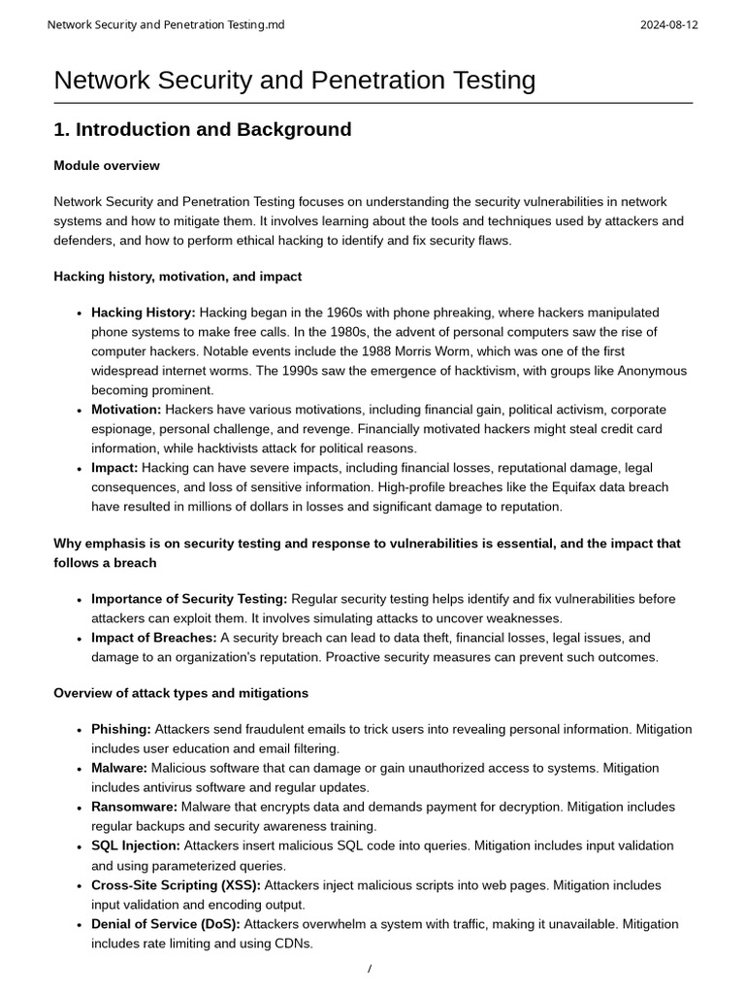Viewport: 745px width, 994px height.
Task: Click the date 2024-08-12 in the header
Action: [x=668, y=24]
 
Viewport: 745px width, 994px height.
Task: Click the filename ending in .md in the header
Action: [x=166, y=24]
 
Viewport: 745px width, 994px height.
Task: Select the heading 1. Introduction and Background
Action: [x=202, y=130]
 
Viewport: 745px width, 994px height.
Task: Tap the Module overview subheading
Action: [x=107, y=166]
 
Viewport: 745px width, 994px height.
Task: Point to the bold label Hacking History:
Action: [x=143, y=313]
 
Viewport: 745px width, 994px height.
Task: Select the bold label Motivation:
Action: [x=126, y=410]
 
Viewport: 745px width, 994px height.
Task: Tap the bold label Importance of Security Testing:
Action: [x=189, y=599]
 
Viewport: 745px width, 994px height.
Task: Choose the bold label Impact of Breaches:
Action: [x=153, y=638]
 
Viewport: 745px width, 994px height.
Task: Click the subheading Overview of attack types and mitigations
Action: [x=180, y=693]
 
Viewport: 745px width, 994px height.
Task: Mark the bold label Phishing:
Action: [x=121, y=729]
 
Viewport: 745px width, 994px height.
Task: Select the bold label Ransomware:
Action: [x=134, y=807]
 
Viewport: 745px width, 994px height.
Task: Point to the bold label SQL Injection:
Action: [x=136, y=846]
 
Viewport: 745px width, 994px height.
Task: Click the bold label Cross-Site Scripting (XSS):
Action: [x=176, y=885]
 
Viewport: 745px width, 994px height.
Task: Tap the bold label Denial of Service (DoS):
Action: [x=166, y=924]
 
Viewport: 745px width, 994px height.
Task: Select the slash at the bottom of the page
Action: [x=370, y=969]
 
